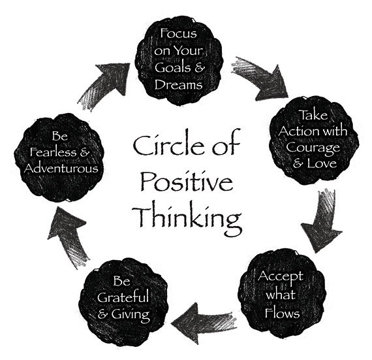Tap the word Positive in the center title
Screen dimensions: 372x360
pos(187,181)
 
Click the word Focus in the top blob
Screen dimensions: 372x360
pos(178,33)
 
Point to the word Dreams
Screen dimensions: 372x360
pos(178,84)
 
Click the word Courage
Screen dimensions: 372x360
pos(313,148)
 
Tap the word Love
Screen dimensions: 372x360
pos(322,163)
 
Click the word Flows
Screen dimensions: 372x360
pos(282,313)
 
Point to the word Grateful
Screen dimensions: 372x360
pos(123,297)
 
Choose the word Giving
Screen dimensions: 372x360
pos(131,315)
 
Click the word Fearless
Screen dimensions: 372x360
pos(53,152)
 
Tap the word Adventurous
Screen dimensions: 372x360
pos(61,169)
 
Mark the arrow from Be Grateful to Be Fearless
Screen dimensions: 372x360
pos(68,237)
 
